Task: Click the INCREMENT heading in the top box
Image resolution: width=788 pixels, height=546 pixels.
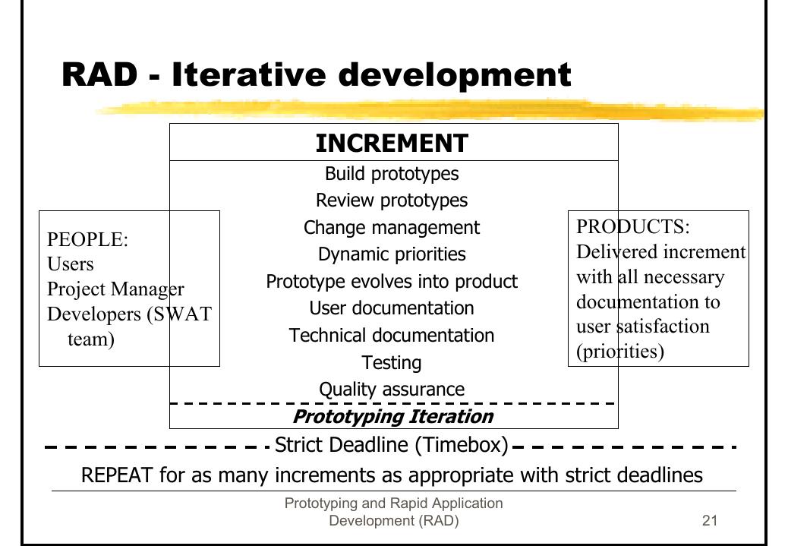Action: tap(392, 143)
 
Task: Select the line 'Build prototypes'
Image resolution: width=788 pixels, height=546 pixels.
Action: tap(392, 174)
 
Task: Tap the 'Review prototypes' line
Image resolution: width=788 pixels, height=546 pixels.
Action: tap(392, 200)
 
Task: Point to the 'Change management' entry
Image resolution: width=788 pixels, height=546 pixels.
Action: tap(392, 228)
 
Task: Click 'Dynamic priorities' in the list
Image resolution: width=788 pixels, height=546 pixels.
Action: tap(392, 254)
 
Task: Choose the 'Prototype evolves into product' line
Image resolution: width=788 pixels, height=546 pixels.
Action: tap(392, 282)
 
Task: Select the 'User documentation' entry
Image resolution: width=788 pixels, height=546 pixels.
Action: tap(392, 308)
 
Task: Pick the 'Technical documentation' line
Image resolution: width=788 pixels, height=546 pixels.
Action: tap(392, 336)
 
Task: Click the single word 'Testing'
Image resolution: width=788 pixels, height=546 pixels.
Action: tap(392, 362)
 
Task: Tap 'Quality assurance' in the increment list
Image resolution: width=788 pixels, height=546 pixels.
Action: tap(392, 390)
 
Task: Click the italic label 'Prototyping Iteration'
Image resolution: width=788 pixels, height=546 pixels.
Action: tap(393, 417)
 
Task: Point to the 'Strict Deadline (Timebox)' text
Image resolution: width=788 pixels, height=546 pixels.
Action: tap(392, 445)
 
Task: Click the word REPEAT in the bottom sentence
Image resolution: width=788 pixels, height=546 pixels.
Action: tap(117, 475)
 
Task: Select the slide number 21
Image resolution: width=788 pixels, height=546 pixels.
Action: tap(710, 520)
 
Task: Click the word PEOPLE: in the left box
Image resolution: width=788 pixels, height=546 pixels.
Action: tap(87, 240)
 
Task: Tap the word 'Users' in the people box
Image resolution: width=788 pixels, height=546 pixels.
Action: tap(71, 264)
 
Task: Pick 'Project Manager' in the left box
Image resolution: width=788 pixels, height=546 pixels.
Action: tap(115, 289)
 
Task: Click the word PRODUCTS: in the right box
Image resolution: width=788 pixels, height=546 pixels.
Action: tap(633, 227)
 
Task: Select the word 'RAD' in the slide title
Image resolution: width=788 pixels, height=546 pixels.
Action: tap(99, 74)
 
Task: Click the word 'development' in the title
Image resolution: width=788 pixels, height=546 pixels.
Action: tap(455, 75)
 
